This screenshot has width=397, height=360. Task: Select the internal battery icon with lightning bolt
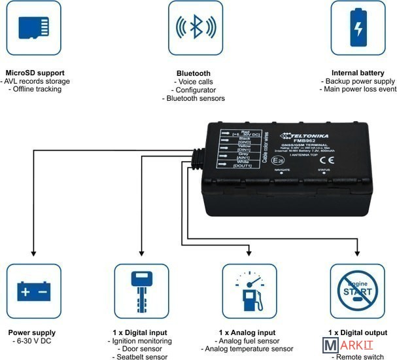(358, 28)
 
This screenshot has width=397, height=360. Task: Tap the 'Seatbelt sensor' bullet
(141, 357)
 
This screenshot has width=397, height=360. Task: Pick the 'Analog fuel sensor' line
(249, 341)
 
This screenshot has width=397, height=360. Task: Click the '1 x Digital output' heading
(357, 333)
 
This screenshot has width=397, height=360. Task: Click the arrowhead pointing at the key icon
(142, 253)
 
